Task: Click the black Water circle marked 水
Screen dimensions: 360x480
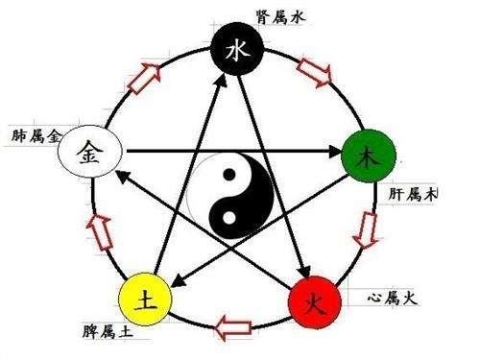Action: [236, 54]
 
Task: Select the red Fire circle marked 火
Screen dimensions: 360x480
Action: [315, 305]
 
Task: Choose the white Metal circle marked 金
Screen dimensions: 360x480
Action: [85, 150]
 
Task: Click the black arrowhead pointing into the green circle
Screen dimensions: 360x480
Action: [336, 151]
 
